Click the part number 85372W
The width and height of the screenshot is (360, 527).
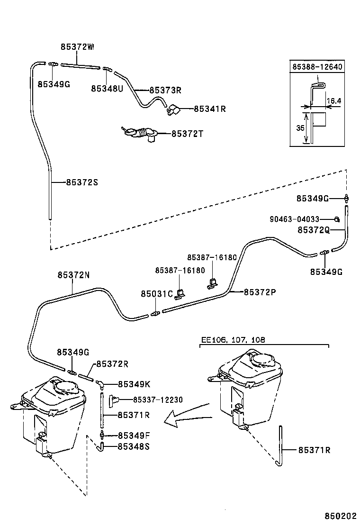(77, 47)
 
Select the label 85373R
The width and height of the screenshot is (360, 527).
(166, 90)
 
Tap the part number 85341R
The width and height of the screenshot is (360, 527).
(209, 109)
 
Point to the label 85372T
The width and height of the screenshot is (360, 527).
(187, 134)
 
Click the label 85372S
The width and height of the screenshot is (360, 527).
(82, 182)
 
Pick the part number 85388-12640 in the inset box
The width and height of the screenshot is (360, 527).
(317, 67)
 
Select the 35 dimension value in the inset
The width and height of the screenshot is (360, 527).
(298, 128)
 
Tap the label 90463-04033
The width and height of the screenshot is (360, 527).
(295, 219)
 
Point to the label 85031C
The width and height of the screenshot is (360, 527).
(156, 294)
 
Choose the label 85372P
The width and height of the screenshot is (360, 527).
(260, 292)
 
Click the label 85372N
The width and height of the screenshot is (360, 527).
(73, 275)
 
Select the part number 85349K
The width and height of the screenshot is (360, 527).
(134, 384)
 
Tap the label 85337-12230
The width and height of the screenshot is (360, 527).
(158, 400)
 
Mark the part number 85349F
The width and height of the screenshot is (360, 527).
(134, 436)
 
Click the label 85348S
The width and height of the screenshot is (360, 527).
(134, 446)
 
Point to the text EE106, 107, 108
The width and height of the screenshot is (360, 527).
(233, 340)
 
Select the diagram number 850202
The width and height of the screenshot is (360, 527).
(340, 516)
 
